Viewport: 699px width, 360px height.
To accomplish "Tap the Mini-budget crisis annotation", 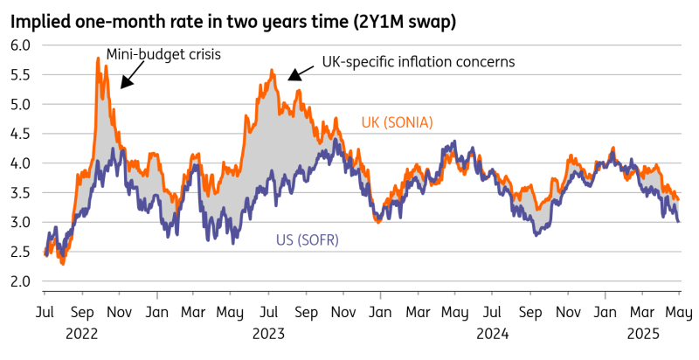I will click(163, 54).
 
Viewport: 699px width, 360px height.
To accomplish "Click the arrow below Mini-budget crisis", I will click(128, 80).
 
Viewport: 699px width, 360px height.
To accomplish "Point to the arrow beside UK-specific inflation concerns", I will click(295, 73).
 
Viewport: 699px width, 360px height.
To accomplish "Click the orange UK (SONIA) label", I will click(398, 121).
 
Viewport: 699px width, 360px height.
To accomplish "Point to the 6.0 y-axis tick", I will click(21, 45).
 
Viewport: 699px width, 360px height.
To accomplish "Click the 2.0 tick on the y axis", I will click(21, 281).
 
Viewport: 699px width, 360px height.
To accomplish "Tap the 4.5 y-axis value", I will click(21, 134).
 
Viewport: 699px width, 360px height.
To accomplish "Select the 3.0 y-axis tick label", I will click(21, 222).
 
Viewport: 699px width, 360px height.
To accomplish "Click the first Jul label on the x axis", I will click(45, 312).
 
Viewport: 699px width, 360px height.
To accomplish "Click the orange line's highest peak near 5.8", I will click(97, 59).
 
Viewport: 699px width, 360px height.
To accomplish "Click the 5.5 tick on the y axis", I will click(21, 74).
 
